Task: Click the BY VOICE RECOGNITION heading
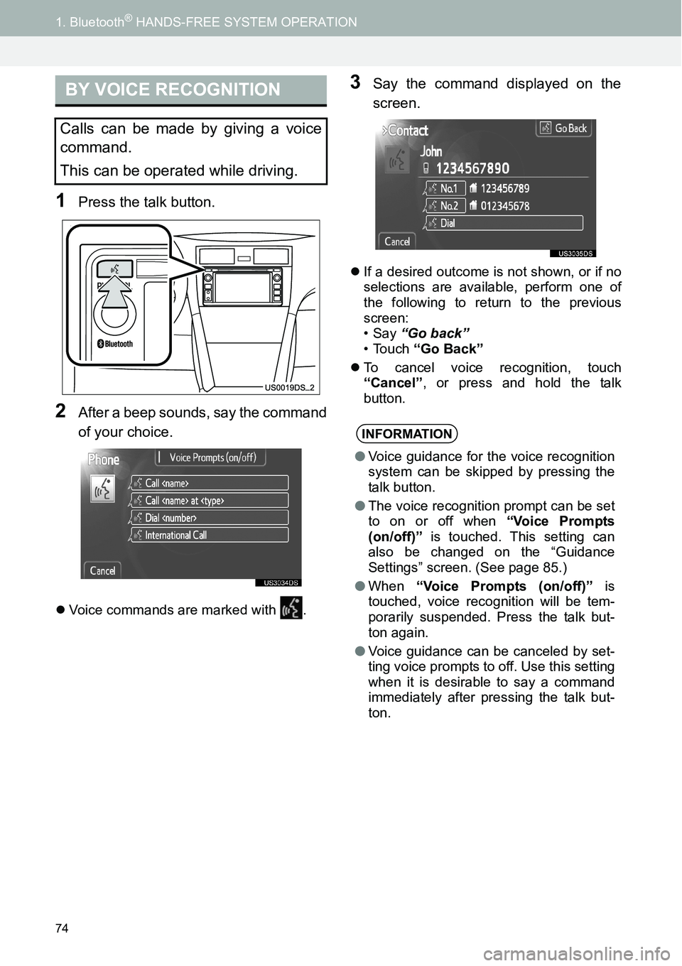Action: coord(173,90)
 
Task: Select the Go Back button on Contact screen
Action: coord(565,129)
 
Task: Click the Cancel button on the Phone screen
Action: coord(102,570)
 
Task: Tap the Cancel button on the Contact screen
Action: coord(397,241)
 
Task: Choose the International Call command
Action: coord(210,535)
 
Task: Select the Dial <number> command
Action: coord(210,518)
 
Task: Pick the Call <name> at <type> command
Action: coord(210,500)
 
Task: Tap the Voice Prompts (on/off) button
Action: coord(212,457)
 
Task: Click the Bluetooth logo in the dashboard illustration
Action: coord(115,344)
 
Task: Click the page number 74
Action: coord(62,928)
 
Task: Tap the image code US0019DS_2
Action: coord(290,388)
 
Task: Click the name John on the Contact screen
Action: coord(431,151)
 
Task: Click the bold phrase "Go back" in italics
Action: coord(435,333)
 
